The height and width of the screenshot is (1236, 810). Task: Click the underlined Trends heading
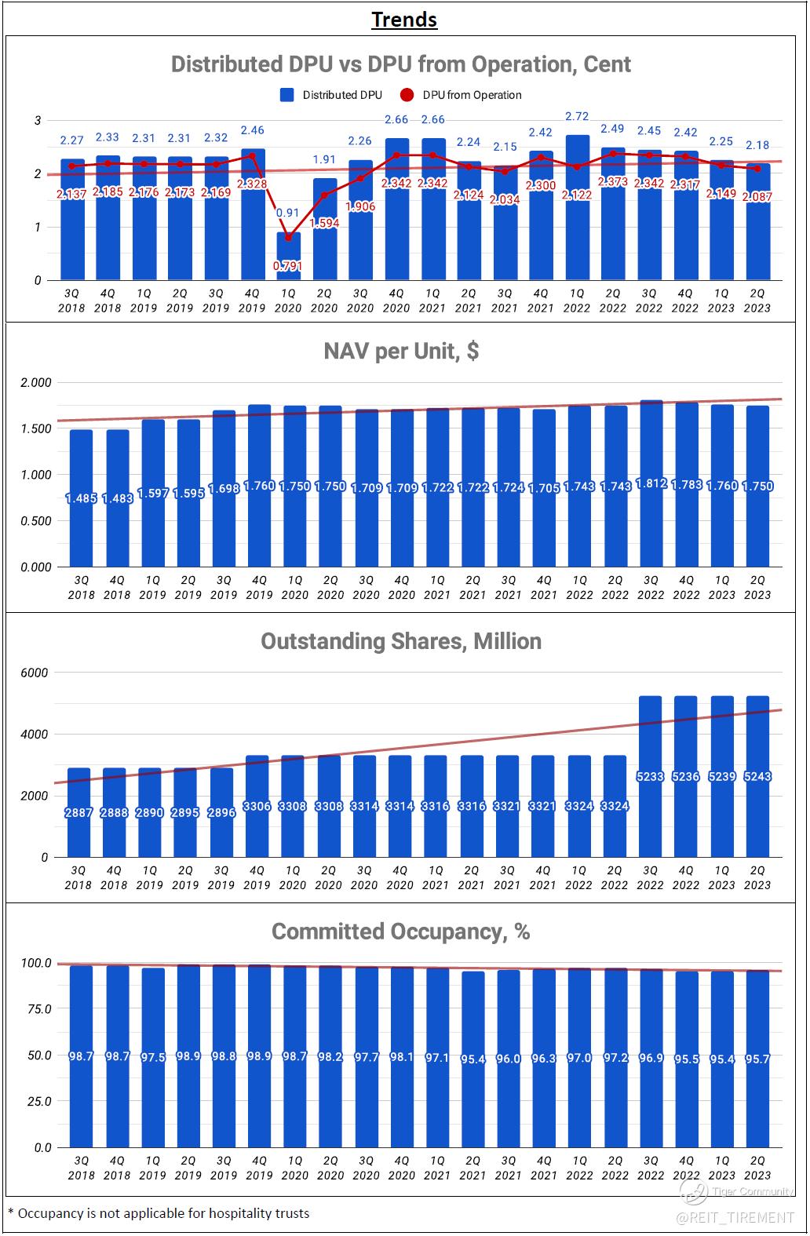point(404,20)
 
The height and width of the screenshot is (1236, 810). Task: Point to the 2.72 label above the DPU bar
point(577,116)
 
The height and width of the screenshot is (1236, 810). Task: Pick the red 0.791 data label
point(287,266)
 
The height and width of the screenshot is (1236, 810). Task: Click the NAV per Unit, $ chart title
point(401,351)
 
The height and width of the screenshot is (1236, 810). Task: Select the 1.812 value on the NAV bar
point(651,483)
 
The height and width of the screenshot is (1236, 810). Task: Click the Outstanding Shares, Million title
point(401,641)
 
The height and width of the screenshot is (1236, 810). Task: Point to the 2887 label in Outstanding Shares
point(78,812)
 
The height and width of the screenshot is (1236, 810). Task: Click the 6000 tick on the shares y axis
point(34,673)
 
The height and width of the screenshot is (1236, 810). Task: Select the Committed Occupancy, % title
point(401,932)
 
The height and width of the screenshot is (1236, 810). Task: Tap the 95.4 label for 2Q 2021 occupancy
point(473,1059)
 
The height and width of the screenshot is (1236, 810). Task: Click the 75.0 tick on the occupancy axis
point(37,1009)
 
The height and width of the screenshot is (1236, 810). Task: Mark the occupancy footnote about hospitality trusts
point(159,1213)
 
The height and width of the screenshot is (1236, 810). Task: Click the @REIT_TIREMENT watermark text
point(735,1217)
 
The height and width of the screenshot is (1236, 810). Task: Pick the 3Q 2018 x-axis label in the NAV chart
point(81,588)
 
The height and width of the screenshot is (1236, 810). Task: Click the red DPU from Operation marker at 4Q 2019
point(252,155)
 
